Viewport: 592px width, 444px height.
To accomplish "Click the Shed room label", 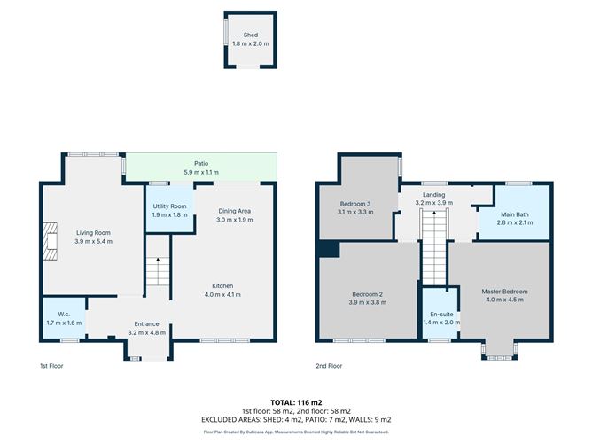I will tap(251, 35).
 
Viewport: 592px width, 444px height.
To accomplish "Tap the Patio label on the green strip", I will tap(200, 163).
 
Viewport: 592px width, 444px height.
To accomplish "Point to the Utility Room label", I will tap(169, 206).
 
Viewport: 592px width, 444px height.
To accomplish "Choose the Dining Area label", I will tap(236, 210).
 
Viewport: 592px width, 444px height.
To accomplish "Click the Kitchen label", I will tap(222, 285).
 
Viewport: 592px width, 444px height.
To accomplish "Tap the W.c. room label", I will tap(63, 314).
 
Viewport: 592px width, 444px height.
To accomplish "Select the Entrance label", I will tap(146, 323).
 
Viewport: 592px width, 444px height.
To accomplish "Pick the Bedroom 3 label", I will tap(357, 205).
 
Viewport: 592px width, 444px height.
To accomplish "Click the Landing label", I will tap(433, 194).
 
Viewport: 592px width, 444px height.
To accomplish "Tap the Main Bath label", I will tap(514, 214).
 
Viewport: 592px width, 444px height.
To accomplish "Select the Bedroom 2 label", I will tap(367, 293).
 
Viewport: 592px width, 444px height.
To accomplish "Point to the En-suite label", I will tap(440, 315).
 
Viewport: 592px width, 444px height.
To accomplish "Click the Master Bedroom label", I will tap(504, 292).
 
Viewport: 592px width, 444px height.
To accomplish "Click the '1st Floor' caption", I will tap(51, 365).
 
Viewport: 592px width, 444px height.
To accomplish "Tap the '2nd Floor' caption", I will tap(328, 365).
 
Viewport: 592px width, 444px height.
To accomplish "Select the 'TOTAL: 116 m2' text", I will tap(296, 402).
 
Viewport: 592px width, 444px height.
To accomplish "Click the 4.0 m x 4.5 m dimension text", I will tap(504, 300).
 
